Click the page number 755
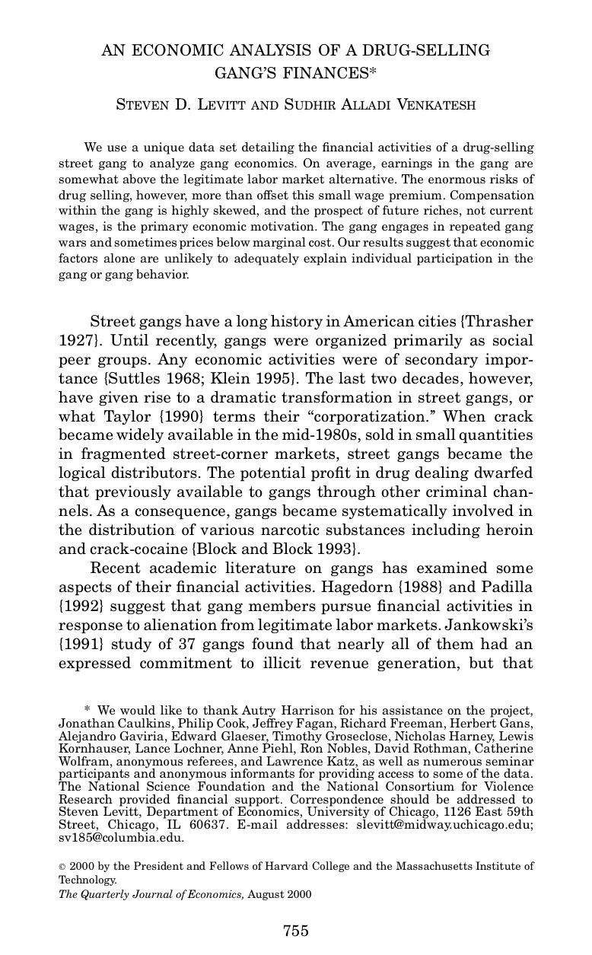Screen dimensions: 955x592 tap(295, 931)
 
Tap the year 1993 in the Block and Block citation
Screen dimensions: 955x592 tap(331, 549)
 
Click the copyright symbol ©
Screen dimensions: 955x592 tap(62, 866)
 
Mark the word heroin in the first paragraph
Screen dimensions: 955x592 tap(509, 530)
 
